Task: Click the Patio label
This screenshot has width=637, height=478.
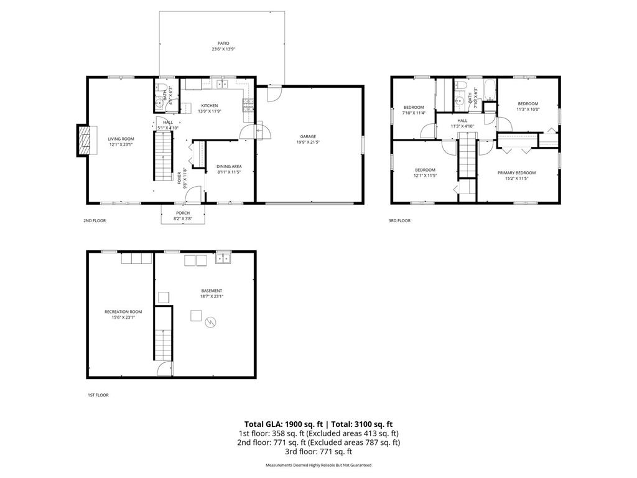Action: coord(223,46)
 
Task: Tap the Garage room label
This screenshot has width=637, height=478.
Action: coord(309,139)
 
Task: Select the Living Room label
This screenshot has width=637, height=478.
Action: coord(121,141)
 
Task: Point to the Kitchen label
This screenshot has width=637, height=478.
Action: coord(209,108)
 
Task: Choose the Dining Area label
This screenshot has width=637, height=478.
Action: coord(228,169)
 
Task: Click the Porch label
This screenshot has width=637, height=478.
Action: coord(182,215)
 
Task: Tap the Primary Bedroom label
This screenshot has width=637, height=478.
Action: coord(516,176)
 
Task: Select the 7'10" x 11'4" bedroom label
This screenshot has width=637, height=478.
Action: coord(414,110)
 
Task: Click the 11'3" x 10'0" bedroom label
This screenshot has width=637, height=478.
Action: coord(528,106)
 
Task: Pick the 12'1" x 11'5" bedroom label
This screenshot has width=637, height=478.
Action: coord(425,172)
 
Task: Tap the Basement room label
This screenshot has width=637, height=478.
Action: coord(212,293)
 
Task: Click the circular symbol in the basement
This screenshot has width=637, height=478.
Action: coord(211,322)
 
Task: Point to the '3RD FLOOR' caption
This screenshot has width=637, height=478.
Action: coord(400,220)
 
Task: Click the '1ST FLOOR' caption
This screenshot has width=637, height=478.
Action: coord(98,395)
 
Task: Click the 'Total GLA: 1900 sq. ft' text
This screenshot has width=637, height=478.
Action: coord(279,424)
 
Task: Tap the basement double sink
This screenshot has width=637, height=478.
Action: coord(223,260)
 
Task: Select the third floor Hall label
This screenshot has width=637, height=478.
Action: coord(462,123)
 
